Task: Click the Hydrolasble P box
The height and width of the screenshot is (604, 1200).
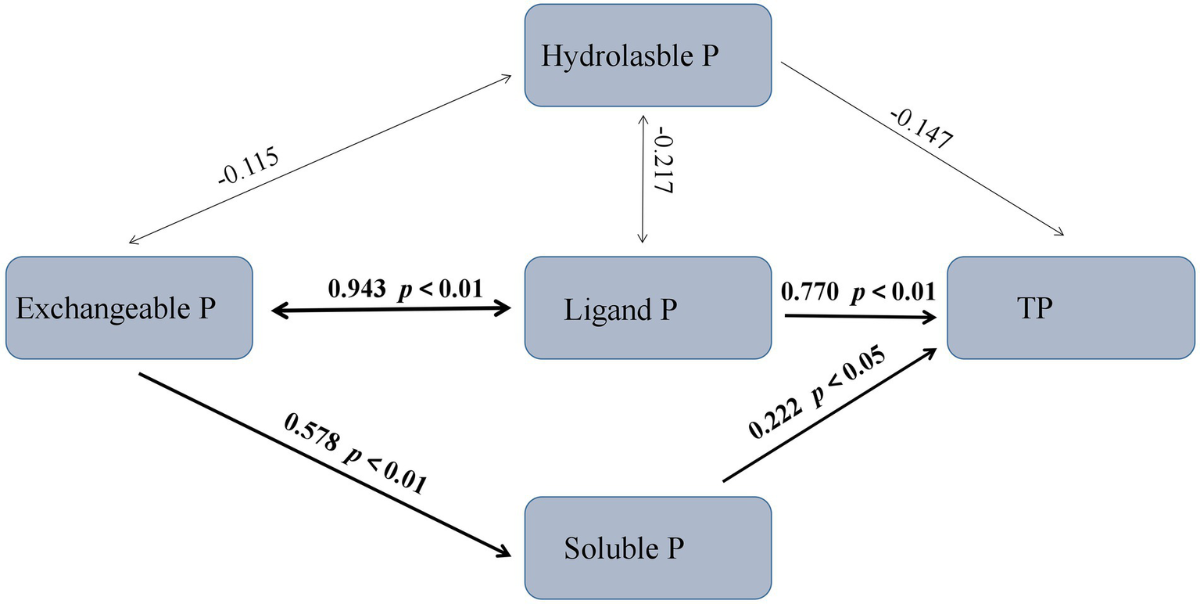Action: click(648, 56)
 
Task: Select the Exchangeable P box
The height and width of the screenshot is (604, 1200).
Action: click(129, 308)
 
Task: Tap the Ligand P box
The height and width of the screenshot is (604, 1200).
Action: click(648, 308)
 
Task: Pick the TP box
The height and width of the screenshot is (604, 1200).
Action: click(1071, 308)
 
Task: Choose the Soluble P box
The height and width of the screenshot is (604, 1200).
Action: click(648, 548)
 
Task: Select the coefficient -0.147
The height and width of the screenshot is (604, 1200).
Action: click(920, 128)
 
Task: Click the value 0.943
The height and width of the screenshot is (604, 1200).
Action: click(356, 289)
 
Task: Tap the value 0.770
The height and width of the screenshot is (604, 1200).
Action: click(810, 293)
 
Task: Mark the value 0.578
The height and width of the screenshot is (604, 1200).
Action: click(313, 433)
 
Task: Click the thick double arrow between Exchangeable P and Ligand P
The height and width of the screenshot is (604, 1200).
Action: click(391, 310)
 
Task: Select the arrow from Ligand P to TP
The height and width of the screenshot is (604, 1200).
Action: click(860, 317)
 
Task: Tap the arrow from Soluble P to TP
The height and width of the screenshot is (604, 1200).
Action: click(829, 415)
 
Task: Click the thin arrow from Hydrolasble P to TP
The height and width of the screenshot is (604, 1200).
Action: click(922, 149)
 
